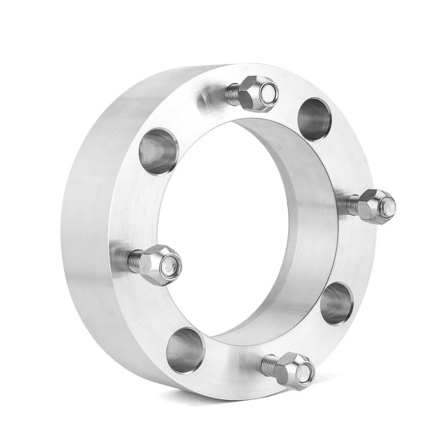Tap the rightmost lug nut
click(x=377, y=206)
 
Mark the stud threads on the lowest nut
click(x=269, y=364)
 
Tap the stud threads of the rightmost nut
click(x=352, y=206)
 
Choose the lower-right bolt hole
click(x=337, y=303)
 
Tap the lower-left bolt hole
click(x=186, y=348)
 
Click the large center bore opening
click(x=231, y=231)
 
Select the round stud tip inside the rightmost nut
click(x=387, y=205)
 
